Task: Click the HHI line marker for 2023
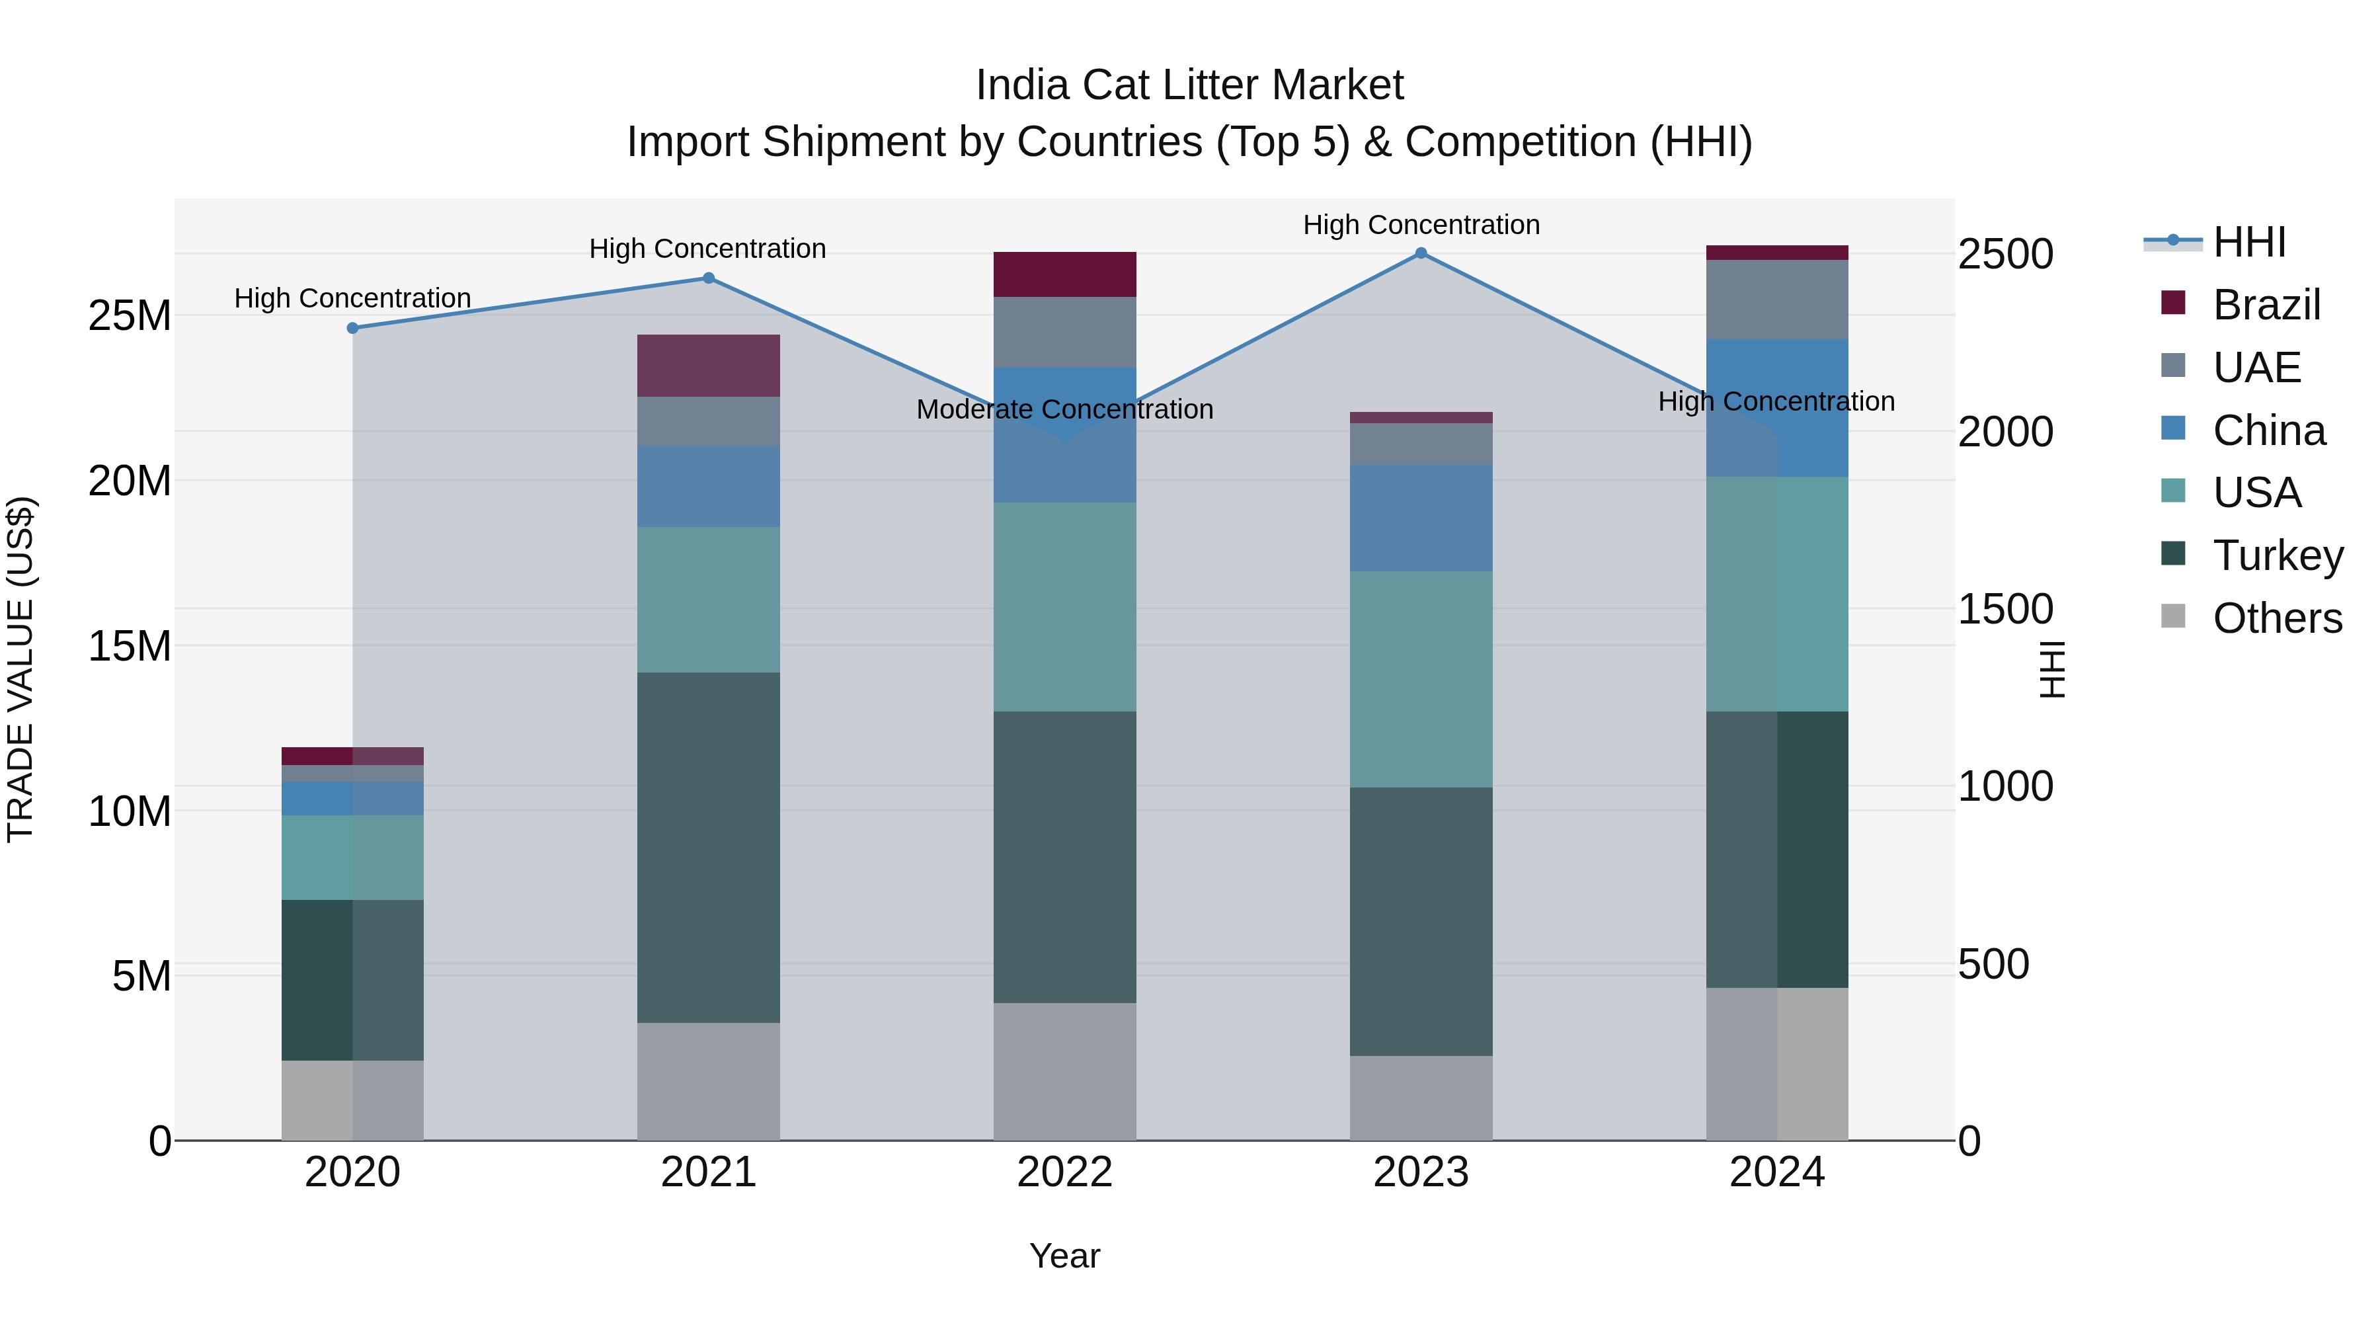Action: point(1421,253)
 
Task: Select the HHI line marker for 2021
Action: point(709,278)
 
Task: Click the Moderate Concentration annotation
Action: point(1064,409)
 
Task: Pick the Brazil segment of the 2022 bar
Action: point(1064,274)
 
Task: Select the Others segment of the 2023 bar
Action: point(1421,1098)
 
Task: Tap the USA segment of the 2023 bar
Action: point(1421,679)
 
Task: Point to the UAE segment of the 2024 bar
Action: point(1776,300)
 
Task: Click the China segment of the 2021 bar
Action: point(709,486)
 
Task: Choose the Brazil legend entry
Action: point(2266,305)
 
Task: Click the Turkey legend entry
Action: point(2278,555)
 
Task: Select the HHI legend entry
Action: point(2249,242)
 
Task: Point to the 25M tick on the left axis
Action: point(130,316)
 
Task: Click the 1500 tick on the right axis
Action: point(2005,609)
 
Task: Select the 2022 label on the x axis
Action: point(1064,1172)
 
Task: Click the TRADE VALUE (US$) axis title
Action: point(20,669)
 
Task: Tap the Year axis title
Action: point(1064,1256)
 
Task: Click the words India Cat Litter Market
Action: point(1189,85)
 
